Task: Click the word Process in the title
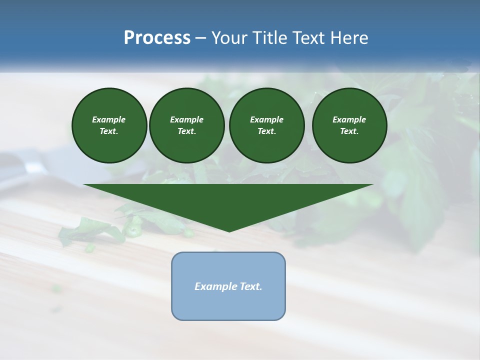(157, 38)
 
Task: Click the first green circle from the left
(109, 125)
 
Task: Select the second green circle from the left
(186, 125)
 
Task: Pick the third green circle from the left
(266, 125)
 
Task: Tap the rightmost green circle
(349, 125)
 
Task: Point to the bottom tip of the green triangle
(229, 231)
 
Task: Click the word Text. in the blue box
(251, 286)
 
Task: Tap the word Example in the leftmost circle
(109, 119)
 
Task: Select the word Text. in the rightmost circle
(349, 131)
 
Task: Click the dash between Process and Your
(200, 38)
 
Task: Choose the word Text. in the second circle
(186, 131)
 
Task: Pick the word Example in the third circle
(266, 119)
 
